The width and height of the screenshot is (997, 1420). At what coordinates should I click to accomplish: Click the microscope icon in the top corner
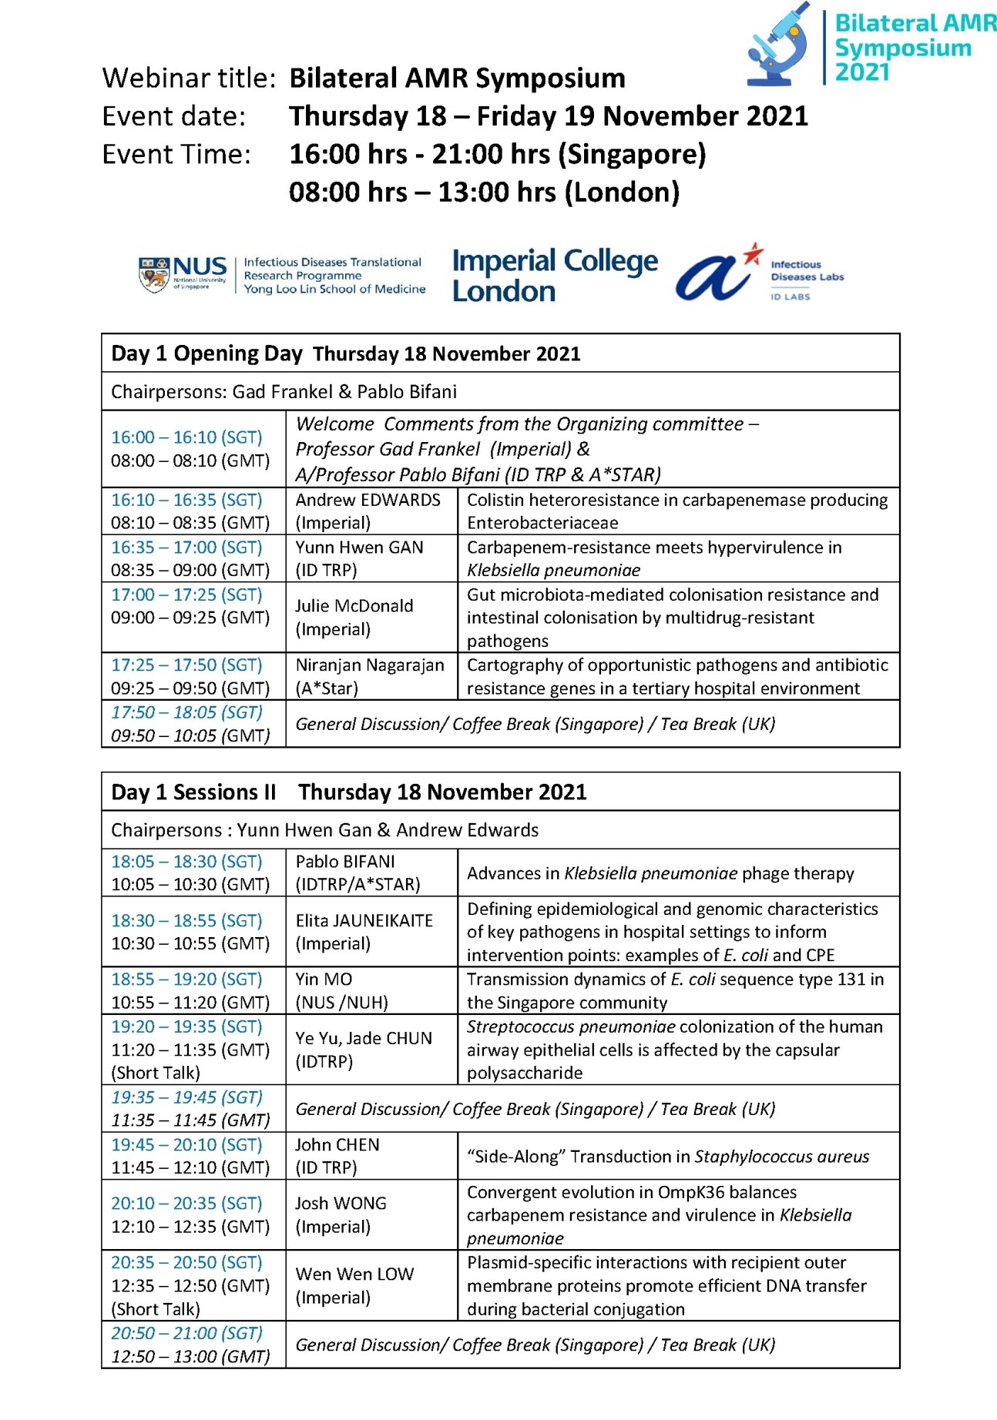tap(779, 45)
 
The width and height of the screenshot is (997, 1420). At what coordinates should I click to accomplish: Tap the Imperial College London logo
tap(555, 276)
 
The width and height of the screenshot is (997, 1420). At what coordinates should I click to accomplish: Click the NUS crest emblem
tap(154, 275)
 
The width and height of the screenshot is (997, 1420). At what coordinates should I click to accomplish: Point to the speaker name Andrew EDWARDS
tap(368, 500)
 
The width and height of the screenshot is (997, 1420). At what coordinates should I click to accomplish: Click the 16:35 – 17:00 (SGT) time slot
tap(186, 548)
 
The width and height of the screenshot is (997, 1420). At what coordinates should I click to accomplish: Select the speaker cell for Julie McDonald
tap(354, 617)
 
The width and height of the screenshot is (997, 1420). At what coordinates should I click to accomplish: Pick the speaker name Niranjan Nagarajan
tap(370, 665)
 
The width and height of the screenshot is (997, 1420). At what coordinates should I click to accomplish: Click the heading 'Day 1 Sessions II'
tap(193, 792)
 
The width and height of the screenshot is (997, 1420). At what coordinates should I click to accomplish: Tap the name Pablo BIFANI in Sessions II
tap(344, 861)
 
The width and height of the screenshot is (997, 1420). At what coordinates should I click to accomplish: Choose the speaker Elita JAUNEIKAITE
tap(364, 920)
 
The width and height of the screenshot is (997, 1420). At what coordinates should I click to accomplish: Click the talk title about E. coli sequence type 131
tap(675, 990)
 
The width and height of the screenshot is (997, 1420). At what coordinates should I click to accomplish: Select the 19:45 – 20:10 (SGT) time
tap(186, 1144)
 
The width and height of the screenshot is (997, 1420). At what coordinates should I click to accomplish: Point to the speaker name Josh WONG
tap(341, 1203)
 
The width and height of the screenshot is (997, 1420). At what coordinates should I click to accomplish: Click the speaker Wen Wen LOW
tap(354, 1274)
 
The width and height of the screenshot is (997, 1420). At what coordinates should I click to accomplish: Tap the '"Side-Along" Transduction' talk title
tap(667, 1156)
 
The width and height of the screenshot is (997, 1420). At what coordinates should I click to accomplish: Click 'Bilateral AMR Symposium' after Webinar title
tap(457, 78)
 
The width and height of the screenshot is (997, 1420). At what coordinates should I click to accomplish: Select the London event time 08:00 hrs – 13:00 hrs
tap(484, 192)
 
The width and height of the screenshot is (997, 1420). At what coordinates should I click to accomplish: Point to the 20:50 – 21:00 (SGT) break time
tap(186, 1333)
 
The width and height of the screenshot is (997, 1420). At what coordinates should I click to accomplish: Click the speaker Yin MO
tap(324, 979)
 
